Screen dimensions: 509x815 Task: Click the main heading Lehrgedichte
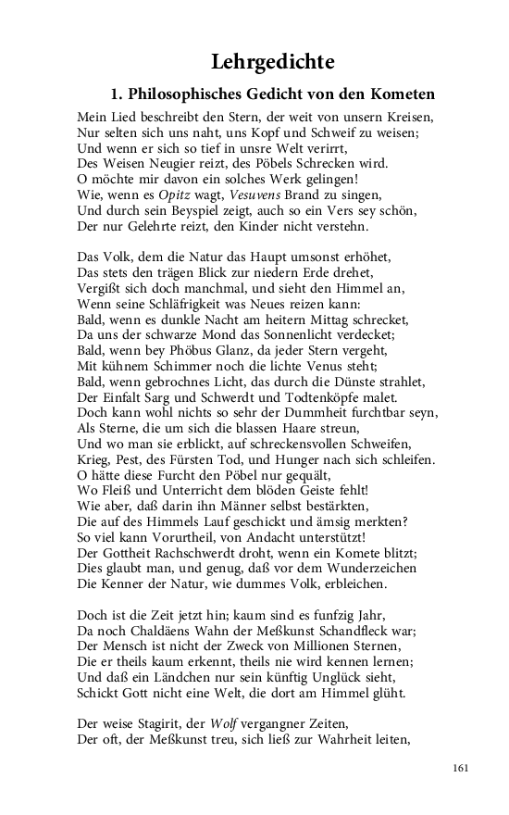272,62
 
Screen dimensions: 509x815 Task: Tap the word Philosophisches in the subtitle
185,94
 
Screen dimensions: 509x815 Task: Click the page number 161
463,768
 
